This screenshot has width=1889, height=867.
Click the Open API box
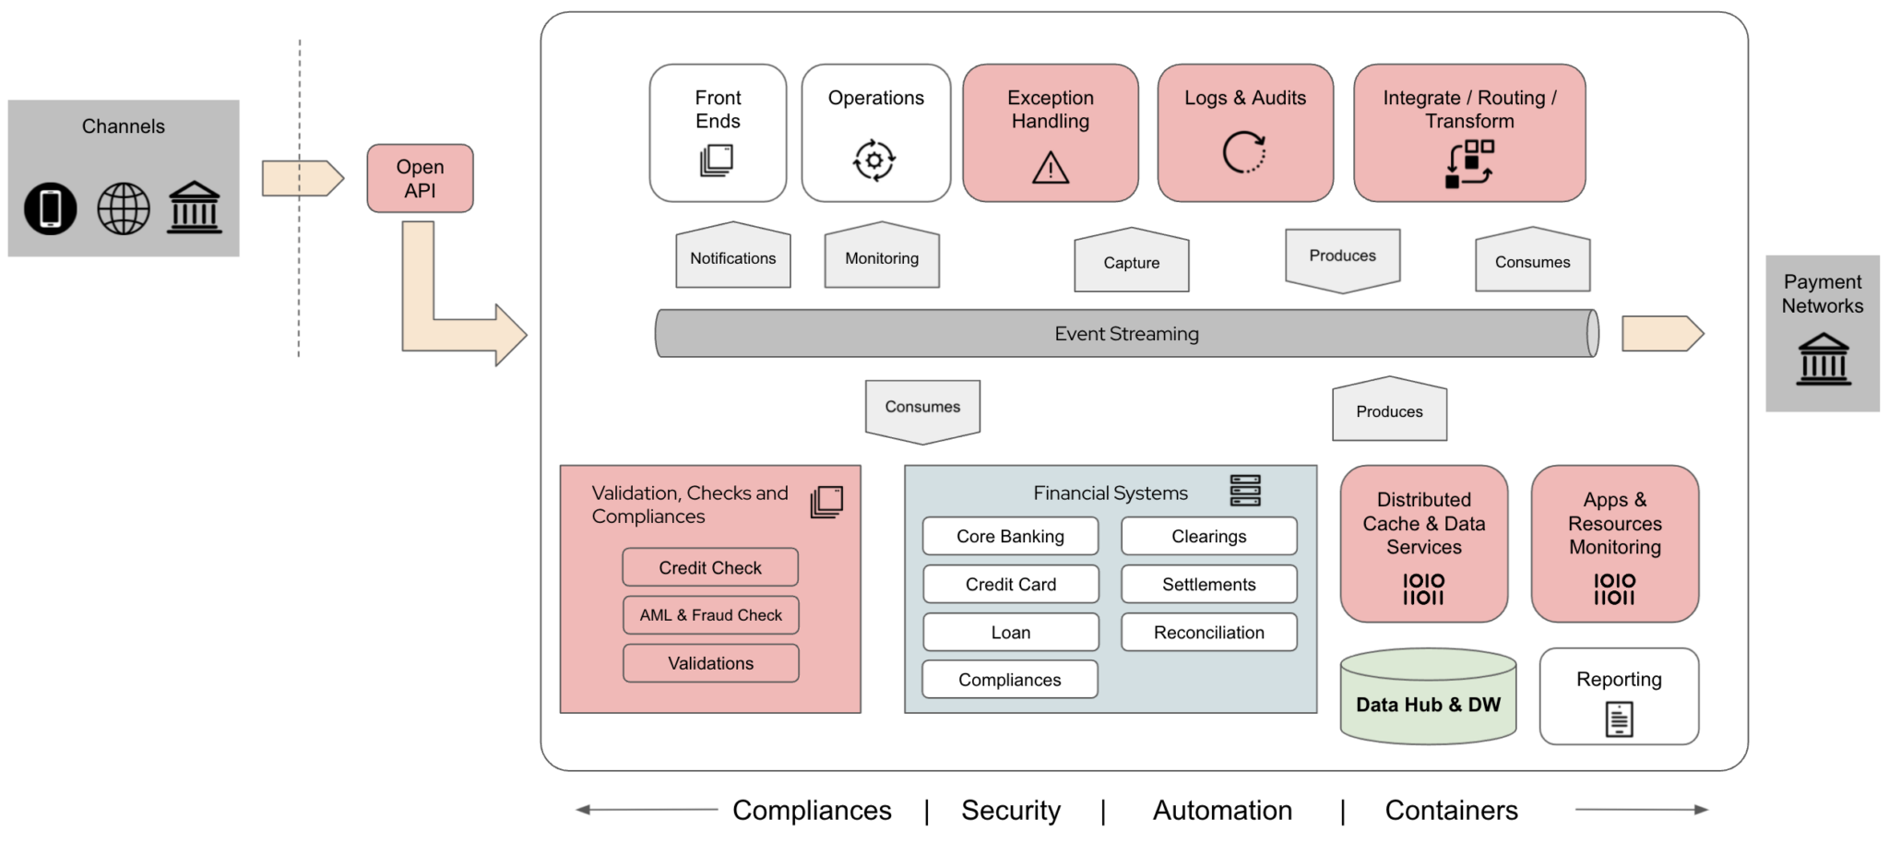click(420, 178)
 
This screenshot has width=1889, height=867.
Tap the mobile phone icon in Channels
click(51, 208)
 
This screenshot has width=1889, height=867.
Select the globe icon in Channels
click(124, 208)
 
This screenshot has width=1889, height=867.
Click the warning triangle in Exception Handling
click(1050, 168)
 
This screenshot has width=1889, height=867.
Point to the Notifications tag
click(732, 257)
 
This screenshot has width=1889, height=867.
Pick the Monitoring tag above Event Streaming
click(882, 257)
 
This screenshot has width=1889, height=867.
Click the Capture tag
click(1131, 262)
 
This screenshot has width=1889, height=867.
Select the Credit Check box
click(709, 567)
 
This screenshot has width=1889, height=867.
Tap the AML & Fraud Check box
click(710, 615)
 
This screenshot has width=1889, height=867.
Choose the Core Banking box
click(1010, 536)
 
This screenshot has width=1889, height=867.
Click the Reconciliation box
click(1208, 633)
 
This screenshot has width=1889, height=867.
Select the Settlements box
click(1208, 584)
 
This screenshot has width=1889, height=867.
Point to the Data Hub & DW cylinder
click(1428, 704)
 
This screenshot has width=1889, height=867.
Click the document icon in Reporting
click(1619, 719)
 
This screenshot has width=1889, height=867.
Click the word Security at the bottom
click(1011, 810)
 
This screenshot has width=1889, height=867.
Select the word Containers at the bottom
click(1451, 810)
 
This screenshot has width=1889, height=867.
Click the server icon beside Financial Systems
click(1244, 491)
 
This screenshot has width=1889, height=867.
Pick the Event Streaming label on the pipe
click(1126, 334)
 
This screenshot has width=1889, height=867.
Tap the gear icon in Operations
click(873, 160)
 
